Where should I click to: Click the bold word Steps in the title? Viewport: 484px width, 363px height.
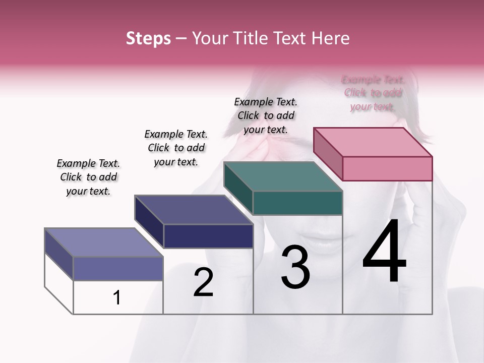click(148, 38)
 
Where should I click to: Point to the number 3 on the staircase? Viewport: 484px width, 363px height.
click(295, 267)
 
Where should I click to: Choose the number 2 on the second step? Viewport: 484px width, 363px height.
click(203, 282)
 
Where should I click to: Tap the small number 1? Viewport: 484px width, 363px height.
click(117, 298)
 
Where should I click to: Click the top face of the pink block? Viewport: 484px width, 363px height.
click(373, 142)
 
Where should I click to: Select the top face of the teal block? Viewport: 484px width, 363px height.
click(283, 176)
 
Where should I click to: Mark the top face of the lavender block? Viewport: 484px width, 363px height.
click(104, 243)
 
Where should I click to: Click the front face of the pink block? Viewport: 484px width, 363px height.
click(387, 168)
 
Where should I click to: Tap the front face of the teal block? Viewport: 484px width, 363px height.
click(297, 203)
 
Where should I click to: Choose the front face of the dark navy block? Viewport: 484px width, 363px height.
click(208, 236)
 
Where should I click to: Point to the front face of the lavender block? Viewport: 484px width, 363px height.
click(118, 268)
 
